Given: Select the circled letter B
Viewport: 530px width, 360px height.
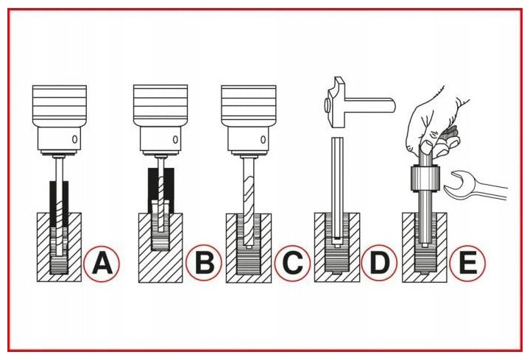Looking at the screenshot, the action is [203, 262].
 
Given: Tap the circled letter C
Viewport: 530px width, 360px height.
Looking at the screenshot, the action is [292, 263].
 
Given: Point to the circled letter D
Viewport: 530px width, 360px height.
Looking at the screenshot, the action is [379, 262].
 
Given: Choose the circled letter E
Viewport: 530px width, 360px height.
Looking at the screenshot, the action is [467, 263].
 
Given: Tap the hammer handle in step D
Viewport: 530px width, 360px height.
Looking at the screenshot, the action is [370, 104].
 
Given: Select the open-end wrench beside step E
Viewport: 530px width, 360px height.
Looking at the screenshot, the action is [475, 186].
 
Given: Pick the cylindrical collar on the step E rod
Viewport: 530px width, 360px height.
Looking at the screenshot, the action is [425, 178].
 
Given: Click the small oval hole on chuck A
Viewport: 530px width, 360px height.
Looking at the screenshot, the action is [74, 139].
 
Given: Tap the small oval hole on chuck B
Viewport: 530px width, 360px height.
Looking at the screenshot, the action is [175, 139].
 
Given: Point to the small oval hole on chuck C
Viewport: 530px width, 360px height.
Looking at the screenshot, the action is [263, 139].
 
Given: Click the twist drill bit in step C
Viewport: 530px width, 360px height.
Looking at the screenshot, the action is [249, 202].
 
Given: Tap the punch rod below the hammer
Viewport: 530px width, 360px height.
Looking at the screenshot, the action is [337, 189].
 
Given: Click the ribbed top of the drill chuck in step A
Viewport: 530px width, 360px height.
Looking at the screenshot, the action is [60, 105].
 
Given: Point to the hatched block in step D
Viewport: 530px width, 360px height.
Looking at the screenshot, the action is [337, 247].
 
